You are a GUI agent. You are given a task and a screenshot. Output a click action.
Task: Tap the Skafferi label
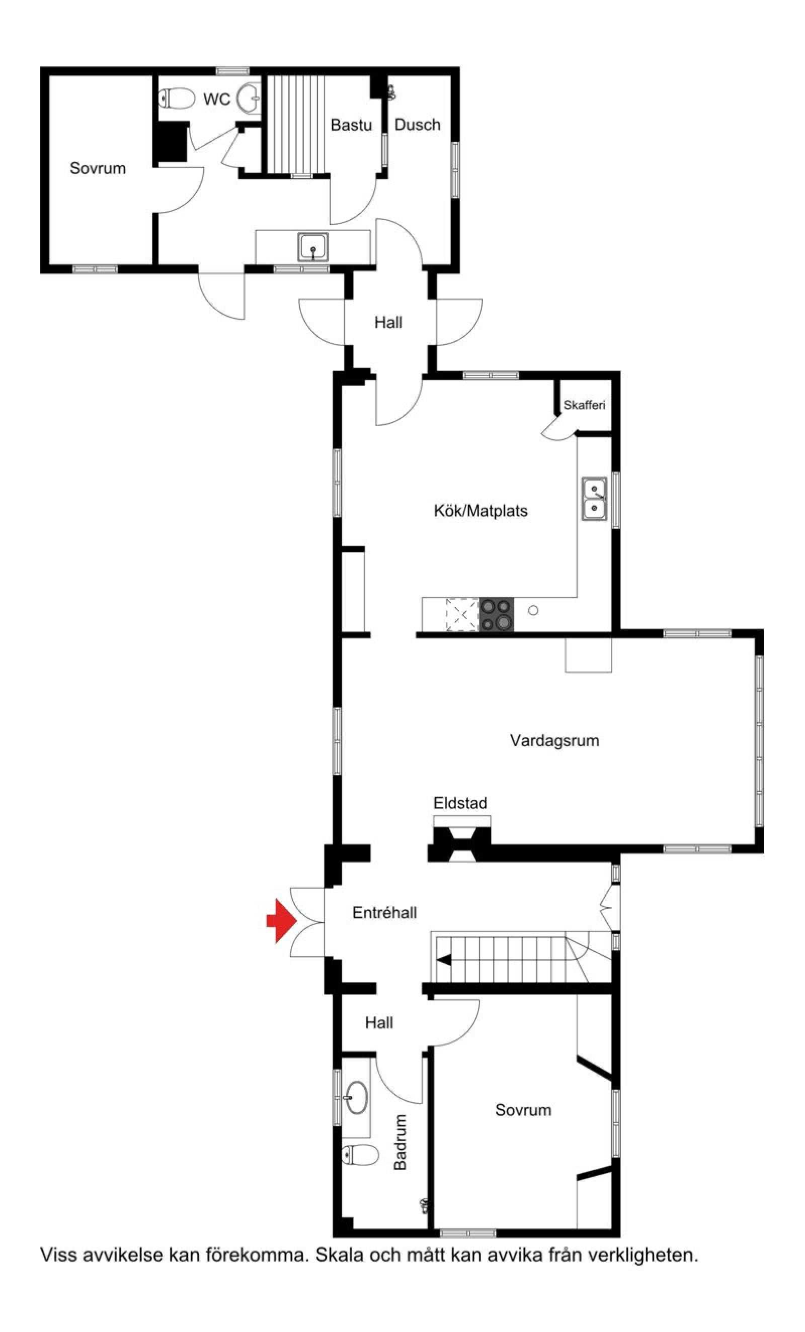584,405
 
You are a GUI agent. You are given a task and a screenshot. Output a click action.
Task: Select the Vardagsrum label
554,740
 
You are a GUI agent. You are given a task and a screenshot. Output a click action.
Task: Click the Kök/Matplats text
480,510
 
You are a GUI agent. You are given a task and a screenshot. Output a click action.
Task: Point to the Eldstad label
460,803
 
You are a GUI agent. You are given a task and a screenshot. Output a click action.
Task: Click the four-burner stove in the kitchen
496,614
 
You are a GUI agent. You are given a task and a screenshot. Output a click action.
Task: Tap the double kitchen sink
594,499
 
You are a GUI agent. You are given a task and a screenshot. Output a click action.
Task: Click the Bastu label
351,125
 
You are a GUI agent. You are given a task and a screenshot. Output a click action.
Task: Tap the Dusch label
417,124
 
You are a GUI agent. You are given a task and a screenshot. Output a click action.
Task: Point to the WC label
216,99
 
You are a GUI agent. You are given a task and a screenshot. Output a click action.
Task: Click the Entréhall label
384,912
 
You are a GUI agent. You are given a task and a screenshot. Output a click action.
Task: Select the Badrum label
400,1141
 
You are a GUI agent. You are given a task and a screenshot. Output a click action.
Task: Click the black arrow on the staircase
444,960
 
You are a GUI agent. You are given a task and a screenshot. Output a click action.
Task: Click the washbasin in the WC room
250,99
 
